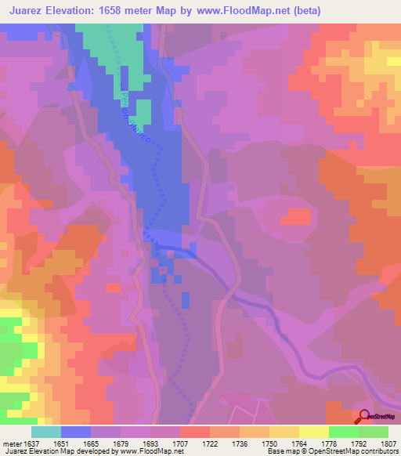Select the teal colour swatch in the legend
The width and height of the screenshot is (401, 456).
pyautogui.click(x=46, y=432)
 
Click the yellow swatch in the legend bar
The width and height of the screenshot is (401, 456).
pyautogui.click(x=284, y=432)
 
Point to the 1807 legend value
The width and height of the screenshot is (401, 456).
pyautogui.click(x=388, y=443)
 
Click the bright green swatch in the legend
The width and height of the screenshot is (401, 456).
pyautogui.click(x=343, y=432)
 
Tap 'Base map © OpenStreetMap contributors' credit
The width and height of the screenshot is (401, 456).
pyautogui.click(x=332, y=452)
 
